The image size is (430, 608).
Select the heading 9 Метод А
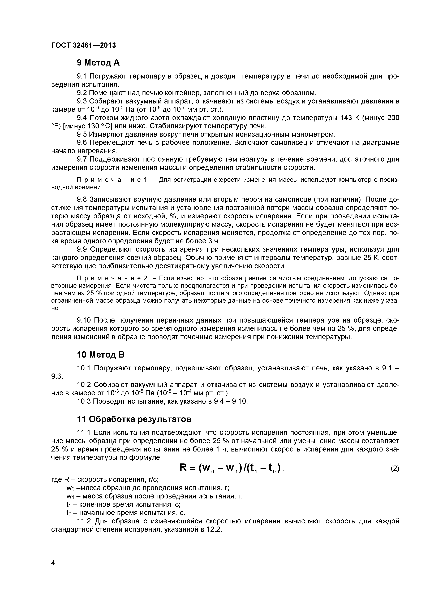coord(98,63)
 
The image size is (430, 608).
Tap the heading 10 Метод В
coord(101,355)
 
